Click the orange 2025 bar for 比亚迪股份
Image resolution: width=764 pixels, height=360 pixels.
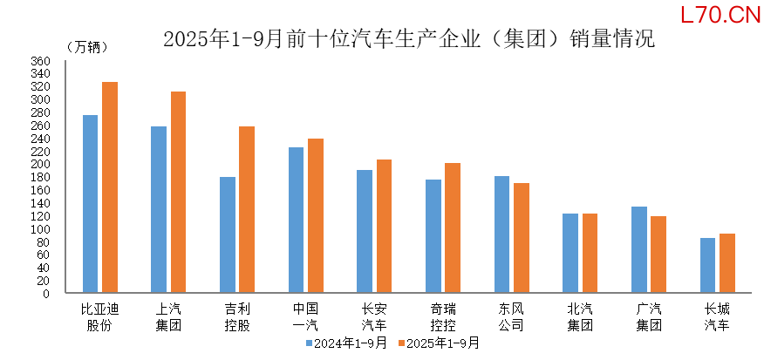click(110, 187)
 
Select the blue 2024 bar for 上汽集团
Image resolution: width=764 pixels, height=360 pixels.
click(159, 209)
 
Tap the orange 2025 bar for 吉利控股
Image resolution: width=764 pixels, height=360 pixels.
click(247, 209)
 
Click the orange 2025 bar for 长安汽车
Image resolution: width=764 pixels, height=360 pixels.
click(384, 226)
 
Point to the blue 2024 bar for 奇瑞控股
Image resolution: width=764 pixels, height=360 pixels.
click(433, 236)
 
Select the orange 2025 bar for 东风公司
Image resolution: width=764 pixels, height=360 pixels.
click(521, 238)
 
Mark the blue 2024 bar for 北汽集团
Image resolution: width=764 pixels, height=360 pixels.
click(570, 253)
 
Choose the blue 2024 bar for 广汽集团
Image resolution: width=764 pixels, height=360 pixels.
click(638, 249)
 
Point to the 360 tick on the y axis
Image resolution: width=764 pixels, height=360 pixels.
click(43, 61)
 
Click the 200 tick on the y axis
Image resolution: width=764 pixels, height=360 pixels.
click(43, 164)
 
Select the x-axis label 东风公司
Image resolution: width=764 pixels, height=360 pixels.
click(511, 316)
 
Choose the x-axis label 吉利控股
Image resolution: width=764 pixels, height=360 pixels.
click(237, 316)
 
